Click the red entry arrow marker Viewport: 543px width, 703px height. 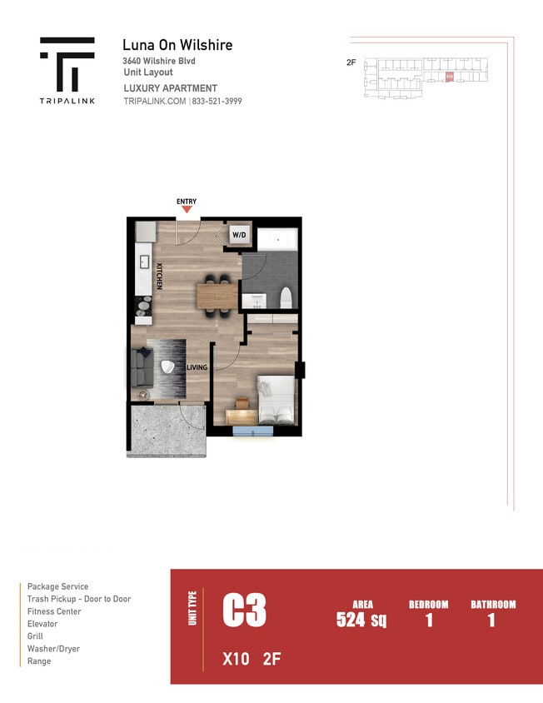click(187, 209)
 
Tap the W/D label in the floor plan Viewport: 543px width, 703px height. click(239, 235)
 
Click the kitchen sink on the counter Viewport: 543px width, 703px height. click(142, 255)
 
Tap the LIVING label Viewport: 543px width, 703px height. click(197, 367)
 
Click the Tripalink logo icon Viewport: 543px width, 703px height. click(67, 64)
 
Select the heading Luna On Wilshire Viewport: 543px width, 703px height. click(177, 45)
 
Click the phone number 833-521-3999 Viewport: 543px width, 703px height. click(217, 101)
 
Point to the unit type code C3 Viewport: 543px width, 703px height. click(244, 611)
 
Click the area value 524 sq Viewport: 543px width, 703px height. click(361, 620)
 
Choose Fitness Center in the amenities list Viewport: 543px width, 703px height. click(54, 611)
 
